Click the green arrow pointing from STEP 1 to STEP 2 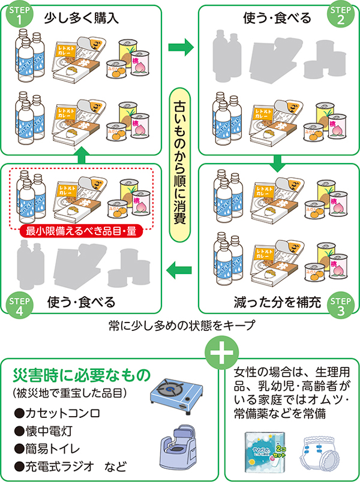(x=180, y=46)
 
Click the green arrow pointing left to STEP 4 (x=180, y=270)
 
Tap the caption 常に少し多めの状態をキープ (x=178, y=327)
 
